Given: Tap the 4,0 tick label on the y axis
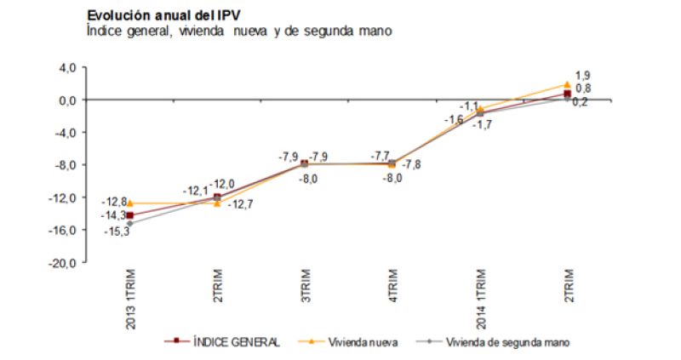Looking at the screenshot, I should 68,67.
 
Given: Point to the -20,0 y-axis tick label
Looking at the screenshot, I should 65,263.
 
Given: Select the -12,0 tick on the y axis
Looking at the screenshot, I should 65,197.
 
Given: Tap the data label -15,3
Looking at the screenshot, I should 112,231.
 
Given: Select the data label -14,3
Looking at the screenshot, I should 112,216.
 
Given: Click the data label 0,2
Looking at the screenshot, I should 581,101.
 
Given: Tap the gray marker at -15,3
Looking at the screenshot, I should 130,224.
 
